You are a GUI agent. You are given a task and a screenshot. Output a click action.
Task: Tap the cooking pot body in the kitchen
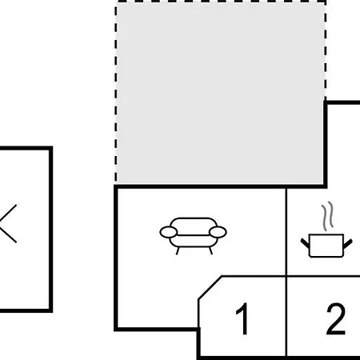click(326, 246)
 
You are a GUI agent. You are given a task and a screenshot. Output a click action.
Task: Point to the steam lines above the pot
click(327, 216)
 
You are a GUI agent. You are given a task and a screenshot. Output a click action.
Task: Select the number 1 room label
click(242, 318)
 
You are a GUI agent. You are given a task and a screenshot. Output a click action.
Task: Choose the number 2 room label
click(336, 318)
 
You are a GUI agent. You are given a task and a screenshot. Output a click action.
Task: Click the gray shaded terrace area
click(220, 92)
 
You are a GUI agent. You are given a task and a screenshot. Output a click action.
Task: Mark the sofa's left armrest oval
click(168, 232)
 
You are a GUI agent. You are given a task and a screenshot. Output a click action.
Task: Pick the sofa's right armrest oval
click(218, 232)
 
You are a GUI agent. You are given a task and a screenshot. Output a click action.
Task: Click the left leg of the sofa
click(178, 251)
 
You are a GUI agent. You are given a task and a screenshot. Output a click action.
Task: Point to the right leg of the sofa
click(210, 251)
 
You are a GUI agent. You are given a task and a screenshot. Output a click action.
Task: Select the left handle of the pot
click(305, 243)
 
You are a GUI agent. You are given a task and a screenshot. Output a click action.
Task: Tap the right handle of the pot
click(348, 244)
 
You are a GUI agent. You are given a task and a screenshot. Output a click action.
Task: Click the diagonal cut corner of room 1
click(210, 288)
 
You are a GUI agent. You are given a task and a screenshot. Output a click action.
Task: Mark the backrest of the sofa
click(194, 226)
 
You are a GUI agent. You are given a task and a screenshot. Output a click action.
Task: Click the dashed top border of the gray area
click(221, 2)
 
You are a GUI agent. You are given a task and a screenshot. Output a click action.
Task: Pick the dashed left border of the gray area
click(116, 92)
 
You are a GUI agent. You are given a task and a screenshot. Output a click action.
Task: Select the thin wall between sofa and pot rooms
click(286, 232)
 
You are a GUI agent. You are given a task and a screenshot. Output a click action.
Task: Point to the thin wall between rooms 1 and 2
click(286, 316)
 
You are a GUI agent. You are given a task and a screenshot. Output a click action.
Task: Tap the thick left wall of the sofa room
click(116, 258)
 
